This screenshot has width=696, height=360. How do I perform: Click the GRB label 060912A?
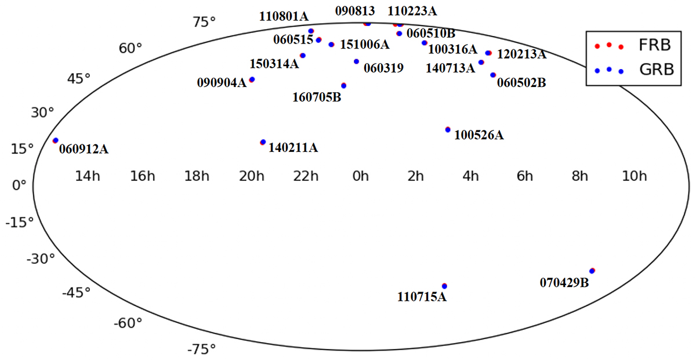(84, 149)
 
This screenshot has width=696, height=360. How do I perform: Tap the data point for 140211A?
(263, 142)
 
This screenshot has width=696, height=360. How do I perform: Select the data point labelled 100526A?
(448, 129)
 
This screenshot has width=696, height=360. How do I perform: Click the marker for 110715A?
(444, 286)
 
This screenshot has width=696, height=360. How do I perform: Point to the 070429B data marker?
(592, 271)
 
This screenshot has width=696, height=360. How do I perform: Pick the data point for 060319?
(356, 61)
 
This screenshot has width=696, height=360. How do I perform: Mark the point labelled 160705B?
(343, 85)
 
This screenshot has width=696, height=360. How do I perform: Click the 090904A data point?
(252, 79)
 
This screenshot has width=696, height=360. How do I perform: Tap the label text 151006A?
(364, 45)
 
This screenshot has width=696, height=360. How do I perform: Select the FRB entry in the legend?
(634, 45)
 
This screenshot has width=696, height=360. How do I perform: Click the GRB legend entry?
(634, 70)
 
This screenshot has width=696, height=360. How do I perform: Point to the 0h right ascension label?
(360, 176)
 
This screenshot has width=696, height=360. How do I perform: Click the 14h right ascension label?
(88, 176)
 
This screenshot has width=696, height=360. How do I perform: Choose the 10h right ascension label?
(635, 176)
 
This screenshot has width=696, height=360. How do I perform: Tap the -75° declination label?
(201, 350)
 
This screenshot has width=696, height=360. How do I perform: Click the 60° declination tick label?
(130, 49)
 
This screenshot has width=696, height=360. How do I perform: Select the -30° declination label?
(41, 259)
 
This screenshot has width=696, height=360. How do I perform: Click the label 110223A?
(412, 12)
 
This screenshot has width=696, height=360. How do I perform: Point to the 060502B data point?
(493, 75)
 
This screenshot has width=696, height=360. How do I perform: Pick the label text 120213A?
(521, 54)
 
